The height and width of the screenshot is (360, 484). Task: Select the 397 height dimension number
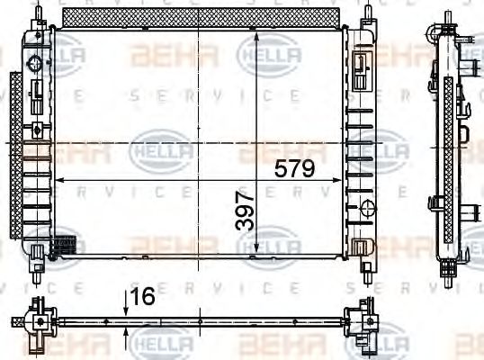(x=244, y=210)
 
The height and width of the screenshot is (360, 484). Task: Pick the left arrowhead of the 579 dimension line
(x=59, y=179)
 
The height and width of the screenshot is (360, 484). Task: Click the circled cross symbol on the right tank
(x=366, y=208)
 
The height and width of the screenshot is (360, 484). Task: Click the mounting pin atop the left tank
(x=38, y=11)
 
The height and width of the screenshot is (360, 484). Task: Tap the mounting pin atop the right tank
(x=367, y=11)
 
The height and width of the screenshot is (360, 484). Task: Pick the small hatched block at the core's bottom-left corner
(x=64, y=244)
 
